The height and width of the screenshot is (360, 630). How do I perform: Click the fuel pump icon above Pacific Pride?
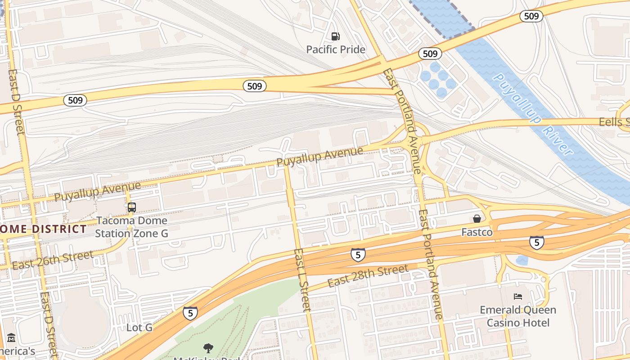pyautogui.click(x=335, y=36)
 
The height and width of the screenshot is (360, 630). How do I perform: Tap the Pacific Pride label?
pyautogui.click(x=336, y=49)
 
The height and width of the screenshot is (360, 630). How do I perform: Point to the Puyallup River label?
pyautogui.click(x=533, y=115)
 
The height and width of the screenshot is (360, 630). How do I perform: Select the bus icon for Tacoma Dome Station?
pyautogui.click(x=131, y=207)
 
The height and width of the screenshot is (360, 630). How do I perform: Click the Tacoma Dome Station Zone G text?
pyautogui.click(x=131, y=227)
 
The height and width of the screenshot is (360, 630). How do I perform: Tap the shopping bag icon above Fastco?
pyautogui.click(x=477, y=219)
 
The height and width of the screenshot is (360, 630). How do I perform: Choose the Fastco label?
pyautogui.click(x=477, y=233)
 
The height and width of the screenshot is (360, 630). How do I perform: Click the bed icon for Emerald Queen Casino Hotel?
pyautogui.click(x=518, y=297)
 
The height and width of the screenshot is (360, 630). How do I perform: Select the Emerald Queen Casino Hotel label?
pyautogui.click(x=518, y=316)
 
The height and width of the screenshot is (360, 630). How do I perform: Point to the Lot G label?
pyautogui.click(x=139, y=328)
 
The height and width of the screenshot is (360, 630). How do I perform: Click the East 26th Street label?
pyautogui.click(x=53, y=260)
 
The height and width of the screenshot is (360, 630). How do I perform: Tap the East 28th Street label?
pyautogui.click(x=368, y=276)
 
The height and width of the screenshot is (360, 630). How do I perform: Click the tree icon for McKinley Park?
pyautogui.click(x=208, y=348)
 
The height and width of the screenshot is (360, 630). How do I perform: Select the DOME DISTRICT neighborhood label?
pyautogui.click(x=43, y=229)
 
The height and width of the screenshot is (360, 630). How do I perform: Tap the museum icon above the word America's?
pyautogui.click(x=11, y=338)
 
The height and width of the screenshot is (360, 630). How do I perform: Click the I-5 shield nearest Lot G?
pyautogui.click(x=190, y=313)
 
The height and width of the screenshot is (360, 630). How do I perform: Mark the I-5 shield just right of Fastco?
pyautogui.click(x=536, y=242)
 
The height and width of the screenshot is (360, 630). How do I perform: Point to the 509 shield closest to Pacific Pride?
pyautogui.click(x=255, y=86)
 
